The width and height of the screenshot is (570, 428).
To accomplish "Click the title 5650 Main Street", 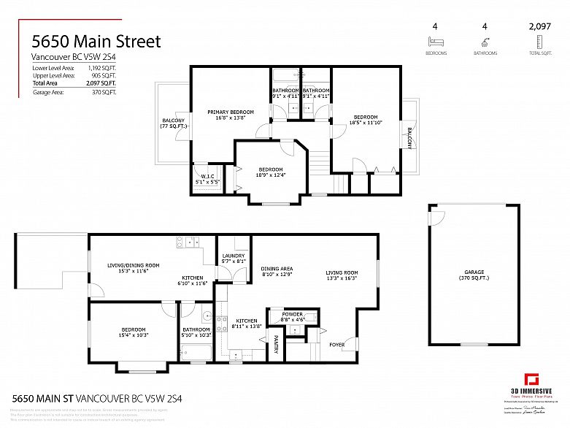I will point(95,41).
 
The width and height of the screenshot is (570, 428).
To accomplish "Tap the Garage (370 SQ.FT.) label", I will point(474,275).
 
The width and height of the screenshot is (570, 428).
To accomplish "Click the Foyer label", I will point(337,344).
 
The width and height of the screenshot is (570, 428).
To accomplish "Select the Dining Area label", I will point(277,271).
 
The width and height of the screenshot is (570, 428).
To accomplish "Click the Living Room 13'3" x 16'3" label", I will point(342,275).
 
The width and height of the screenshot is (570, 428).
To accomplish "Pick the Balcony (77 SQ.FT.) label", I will point(173,123).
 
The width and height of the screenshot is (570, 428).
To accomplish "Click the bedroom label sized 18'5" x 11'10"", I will point(366,120).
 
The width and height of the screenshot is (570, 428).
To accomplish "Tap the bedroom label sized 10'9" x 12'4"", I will point(270,172).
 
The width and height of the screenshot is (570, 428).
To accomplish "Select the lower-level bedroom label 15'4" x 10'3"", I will point(133,332).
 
